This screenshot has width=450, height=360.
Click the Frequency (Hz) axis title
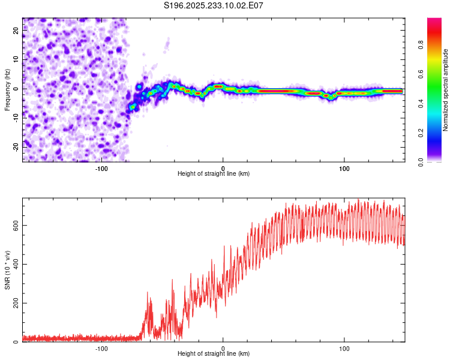click(x=7, y=90)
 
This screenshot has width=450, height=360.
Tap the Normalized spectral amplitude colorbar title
click(x=445, y=90)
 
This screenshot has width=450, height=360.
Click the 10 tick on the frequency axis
click(x=16, y=59)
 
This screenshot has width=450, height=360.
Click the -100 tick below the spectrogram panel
click(x=101, y=167)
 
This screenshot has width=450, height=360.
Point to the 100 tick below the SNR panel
click(x=344, y=348)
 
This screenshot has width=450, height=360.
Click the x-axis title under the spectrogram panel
click(x=214, y=174)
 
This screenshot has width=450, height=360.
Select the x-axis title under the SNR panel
click(x=214, y=355)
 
